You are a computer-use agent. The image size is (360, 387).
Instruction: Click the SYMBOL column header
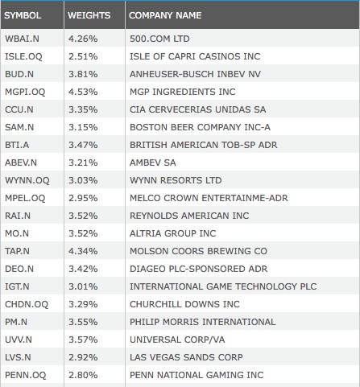[x=23, y=15]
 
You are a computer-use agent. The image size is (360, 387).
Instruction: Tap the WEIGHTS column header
[x=89, y=15]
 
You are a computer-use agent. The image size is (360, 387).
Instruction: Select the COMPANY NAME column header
[x=165, y=15]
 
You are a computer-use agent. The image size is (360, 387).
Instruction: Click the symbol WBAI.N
[x=22, y=39]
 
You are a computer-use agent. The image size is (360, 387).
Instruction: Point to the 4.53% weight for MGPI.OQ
[x=83, y=92]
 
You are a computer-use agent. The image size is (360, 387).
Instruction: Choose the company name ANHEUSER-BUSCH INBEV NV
[x=195, y=74]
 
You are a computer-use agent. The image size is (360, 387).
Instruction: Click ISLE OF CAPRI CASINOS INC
[x=195, y=56]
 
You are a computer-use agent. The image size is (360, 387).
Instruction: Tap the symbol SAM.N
[x=19, y=127]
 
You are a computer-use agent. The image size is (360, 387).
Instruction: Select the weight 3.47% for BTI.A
[x=83, y=145]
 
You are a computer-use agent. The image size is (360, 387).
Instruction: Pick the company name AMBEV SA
[x=153, y=163]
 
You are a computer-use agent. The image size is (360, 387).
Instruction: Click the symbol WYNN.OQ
[x=27, y=180]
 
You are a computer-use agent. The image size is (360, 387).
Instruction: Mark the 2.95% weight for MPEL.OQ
[x=83, y=198]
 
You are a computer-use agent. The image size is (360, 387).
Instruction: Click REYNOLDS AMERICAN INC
[x=189, y=216]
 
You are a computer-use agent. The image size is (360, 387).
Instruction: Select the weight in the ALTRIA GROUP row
[x=83, y=233]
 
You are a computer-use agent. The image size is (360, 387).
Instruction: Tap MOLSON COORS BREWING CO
[x=198, y=251]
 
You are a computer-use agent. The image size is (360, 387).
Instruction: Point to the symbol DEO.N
[x=19, y=269]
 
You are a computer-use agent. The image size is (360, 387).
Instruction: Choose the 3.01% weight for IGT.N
[x=83, y=286]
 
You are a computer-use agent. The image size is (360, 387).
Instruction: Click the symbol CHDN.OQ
[x=27, y=304]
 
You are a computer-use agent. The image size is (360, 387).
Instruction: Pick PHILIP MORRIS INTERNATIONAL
[x=203, y=322]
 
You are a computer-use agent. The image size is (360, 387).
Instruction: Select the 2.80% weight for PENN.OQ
[x=83, y=375]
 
